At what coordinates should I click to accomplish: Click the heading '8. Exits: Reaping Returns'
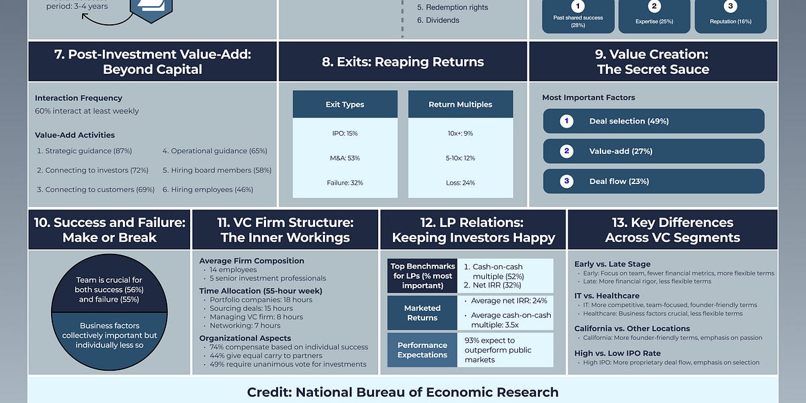point(402,62)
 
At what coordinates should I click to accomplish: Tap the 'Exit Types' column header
point(345,105)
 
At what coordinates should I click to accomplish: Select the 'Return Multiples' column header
point(460,105)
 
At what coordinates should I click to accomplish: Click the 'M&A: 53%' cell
point(345,158)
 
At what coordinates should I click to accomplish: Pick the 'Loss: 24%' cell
point(460,183)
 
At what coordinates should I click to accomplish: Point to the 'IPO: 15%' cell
point(345,133)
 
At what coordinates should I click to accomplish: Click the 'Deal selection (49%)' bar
point(654,122)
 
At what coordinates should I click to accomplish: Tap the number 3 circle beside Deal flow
point(567,181)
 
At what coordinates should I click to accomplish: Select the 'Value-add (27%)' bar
point(654,151)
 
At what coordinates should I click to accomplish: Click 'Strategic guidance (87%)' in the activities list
point(84,151)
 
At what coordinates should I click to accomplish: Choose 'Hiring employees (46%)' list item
point(208,190)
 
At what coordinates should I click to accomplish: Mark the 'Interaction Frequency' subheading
point(79,98)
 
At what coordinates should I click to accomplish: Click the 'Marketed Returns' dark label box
point(422,313)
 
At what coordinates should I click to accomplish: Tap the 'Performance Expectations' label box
point(422,350)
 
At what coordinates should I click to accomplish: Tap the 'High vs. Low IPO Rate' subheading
point(617,353)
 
